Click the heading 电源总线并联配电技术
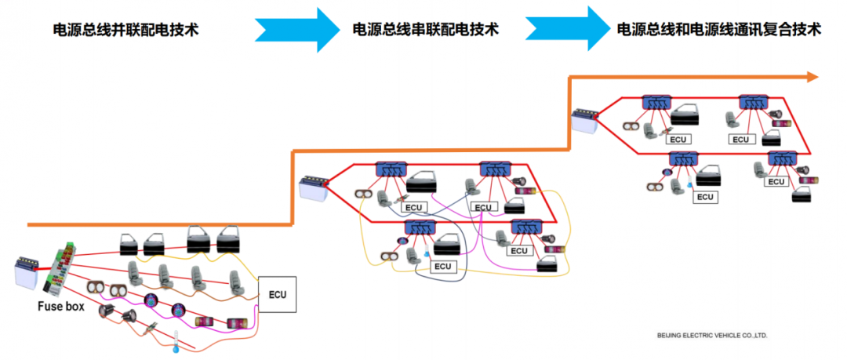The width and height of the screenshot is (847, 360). coord(125,30)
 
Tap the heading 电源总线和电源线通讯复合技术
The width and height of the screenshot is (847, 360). coord(718,30)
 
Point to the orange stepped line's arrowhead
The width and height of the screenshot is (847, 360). coord(812,76)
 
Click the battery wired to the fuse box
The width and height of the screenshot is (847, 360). coord(27,272)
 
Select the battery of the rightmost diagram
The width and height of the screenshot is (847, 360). coord(584,121)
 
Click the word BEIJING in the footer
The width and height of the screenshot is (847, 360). coord(670,335)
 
